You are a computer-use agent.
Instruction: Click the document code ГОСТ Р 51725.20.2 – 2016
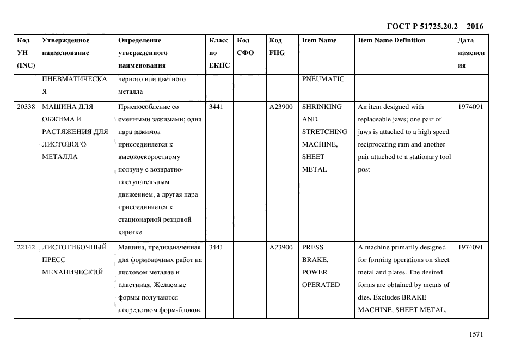[x=434, y=26]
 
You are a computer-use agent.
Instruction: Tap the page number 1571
[x=476, y=334]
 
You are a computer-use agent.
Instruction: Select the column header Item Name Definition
[x=391, y=40]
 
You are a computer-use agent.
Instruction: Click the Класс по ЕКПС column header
[x=219, y=53]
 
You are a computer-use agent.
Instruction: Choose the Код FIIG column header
[x=277, y=47]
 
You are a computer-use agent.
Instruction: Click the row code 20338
[x=26, y=107]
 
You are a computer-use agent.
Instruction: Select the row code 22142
[x=26, y=247]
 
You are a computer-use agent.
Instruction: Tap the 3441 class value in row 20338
[x=216, y=107]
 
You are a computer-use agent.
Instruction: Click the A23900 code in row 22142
[x=281, y=247]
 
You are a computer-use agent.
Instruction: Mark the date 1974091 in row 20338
[x=470, y=107]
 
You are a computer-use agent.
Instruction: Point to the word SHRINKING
[x=322, y=107]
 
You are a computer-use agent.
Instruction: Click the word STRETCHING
[x=324, y=132]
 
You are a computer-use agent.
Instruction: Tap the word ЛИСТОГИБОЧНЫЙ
[x=74, y=247]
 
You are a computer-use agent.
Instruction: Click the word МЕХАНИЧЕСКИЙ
[x=72, y=272]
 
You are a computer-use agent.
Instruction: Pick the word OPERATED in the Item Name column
[x=321, y=285]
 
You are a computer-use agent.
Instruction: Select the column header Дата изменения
[x=470, y=53]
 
